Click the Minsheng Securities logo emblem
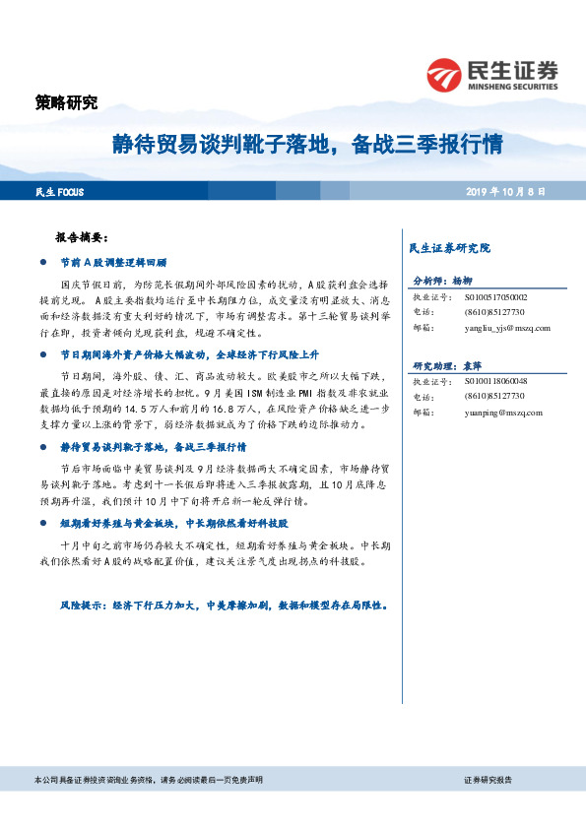coord(444,73)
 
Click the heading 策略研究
coord(66,102)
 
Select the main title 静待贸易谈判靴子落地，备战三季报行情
coord(305,146)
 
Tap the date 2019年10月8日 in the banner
coord(506,191)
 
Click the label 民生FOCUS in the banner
coord(57,191)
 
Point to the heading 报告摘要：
coord(89,238)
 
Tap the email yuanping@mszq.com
coord(497,413)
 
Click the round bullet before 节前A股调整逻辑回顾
coord(41,264)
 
